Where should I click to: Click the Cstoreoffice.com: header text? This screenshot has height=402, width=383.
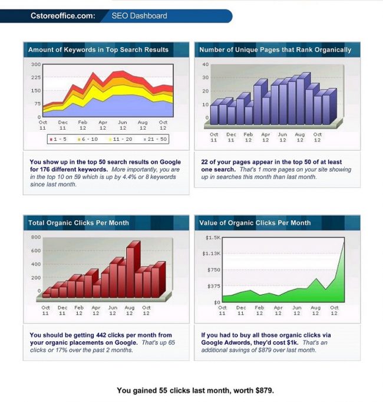[62, 16]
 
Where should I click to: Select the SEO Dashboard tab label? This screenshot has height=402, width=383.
[139, 16]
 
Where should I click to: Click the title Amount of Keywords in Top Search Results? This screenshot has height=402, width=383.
[98, 50]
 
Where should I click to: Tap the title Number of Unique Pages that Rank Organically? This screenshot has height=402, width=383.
[275, 50]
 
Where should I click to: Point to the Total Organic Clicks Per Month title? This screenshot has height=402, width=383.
[78, 223]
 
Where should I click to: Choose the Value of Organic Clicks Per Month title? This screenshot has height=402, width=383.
[255, 223]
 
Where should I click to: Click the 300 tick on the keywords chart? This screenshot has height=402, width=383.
[35, 64]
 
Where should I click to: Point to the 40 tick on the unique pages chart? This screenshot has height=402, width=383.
[205, 64]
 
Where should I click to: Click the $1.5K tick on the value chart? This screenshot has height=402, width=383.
[213, 238]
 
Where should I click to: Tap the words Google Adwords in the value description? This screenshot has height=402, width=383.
[226, 342]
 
